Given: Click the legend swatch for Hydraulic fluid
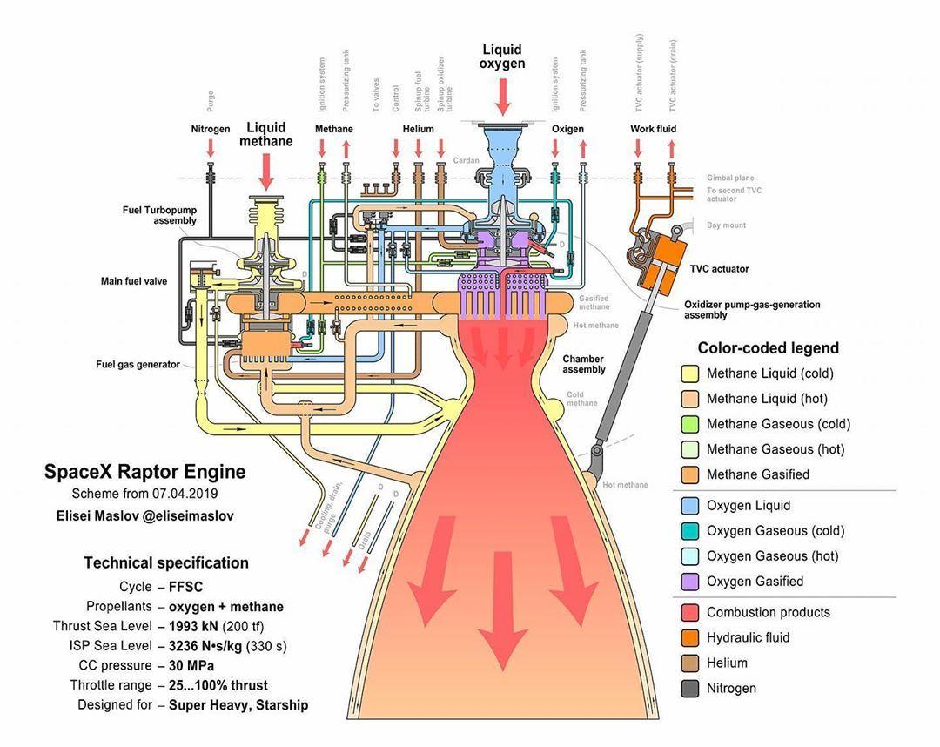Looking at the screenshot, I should pyautogui.click(x=689, y=637).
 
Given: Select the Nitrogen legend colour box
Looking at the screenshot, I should pyautogui.click(x=689, y=688).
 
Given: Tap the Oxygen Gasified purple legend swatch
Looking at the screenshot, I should pyautogui.click(x=689, y=581).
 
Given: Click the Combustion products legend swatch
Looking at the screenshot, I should pyautogui.click(x=689, y=612).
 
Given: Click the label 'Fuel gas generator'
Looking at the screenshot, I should pyautogui.click(x=138, y=364).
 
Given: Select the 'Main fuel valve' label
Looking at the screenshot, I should pyautogui.click(x=134, y=281).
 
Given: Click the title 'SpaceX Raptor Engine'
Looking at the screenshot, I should pyautogui.click(x=144, y=472).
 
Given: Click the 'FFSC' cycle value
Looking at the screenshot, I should pyautogui.click(x=185, y=587).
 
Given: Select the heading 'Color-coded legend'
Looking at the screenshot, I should pyautogui.click(x=768, y=348).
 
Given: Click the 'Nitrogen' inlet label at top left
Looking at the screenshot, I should pyautogui.click(x=211, y=129).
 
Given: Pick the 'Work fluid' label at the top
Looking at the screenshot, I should pyautogui.click(x=653, y=129).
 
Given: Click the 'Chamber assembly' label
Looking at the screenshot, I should pyautogui.click(x=583, y=364).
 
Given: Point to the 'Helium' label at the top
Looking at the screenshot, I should pyautogui.click(x=418, y=129).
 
